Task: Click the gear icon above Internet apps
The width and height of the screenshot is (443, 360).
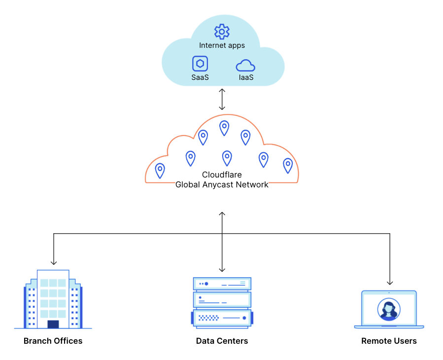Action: [x=222, y=32]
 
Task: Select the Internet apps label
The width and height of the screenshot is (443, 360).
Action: [x=222, y=45]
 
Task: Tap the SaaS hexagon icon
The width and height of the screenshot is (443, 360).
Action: [x=200, y=63]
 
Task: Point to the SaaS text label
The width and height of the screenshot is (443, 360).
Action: [x=200, y=77]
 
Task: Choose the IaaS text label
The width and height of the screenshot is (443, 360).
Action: [x=246, y=77]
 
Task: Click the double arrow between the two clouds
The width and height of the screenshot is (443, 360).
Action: [x=222, y=99]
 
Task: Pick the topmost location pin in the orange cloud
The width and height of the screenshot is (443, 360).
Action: [x=224, y=128]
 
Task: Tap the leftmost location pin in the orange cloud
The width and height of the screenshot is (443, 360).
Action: [x=160, y=171]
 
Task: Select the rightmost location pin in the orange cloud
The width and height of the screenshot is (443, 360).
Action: [x=288, y=166]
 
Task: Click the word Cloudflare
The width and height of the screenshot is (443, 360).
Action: [x=222, y=175]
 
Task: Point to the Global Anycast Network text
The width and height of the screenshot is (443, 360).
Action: [x=222, y=184]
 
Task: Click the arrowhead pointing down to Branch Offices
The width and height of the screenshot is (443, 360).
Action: [x=54, y=263]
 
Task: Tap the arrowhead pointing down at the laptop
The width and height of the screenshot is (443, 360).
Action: [x=390, y=283]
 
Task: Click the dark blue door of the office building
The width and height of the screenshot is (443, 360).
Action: [x=53, y=324]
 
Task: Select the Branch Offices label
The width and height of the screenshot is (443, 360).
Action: [x=53, y=341]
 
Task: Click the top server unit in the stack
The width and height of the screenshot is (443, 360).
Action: [x=222, y=284]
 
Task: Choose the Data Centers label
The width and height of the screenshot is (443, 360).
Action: [x=222, y=341]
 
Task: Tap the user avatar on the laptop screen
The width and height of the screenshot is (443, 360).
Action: [x=389, y=309]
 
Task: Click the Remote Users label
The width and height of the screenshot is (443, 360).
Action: [x=389, y=341]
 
